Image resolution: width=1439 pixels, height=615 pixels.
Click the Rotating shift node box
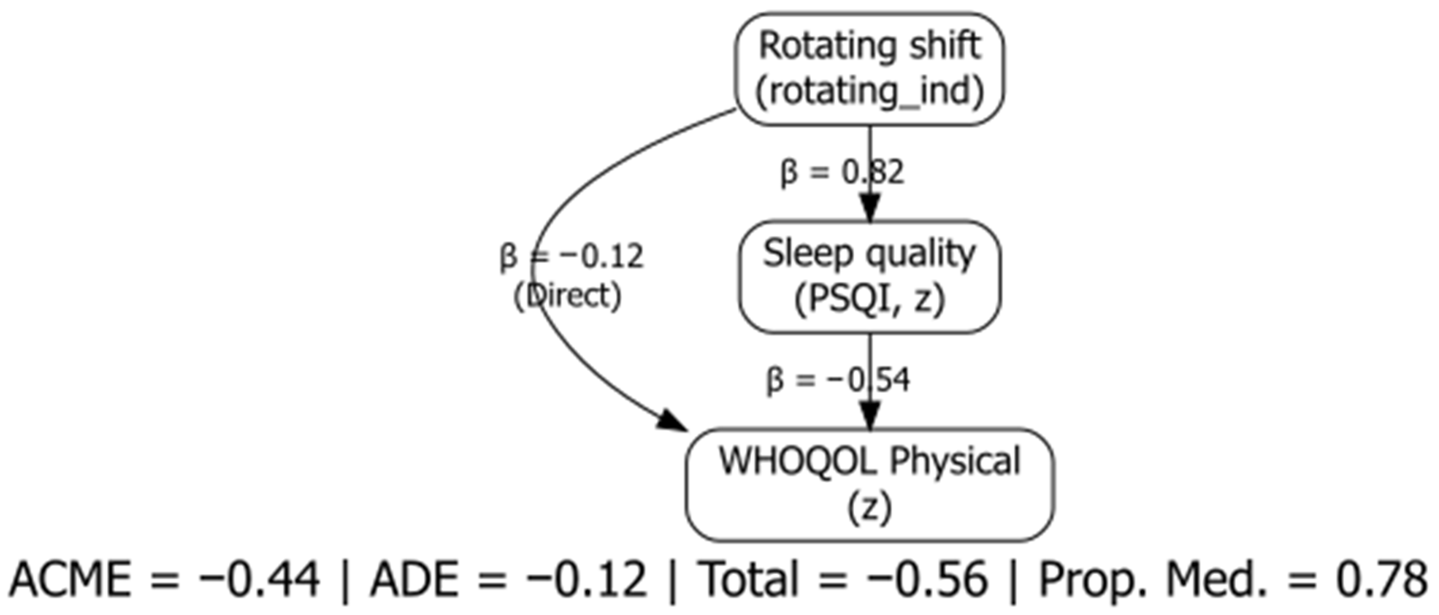click(x=869, y=68)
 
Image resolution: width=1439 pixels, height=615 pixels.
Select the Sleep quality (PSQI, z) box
click(x=869, y=277)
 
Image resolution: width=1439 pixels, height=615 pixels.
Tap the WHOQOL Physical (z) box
click(x=869, y=484)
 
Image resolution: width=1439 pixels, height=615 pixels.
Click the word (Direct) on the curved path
click(x=567, y=296)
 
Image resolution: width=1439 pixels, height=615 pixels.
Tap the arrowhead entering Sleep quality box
click(x=869, y=209)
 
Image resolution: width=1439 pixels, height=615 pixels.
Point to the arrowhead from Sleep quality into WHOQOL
click(x=869, y=418)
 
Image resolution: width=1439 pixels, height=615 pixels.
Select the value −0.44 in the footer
click(x=260, y=579)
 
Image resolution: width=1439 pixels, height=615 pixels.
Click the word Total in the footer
click(x=749, y=579)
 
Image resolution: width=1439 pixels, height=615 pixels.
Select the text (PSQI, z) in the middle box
click(x=869, y=300)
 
